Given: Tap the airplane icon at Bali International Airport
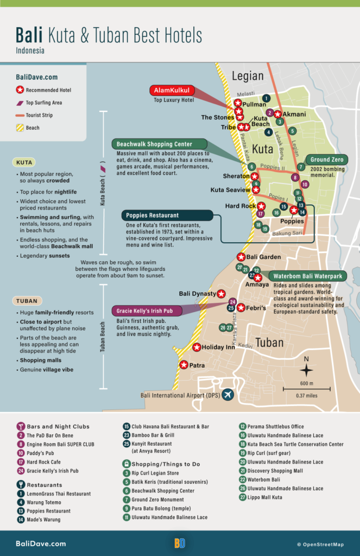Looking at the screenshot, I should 228,395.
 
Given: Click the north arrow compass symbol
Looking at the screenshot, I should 306,370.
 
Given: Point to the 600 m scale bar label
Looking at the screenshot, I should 306,384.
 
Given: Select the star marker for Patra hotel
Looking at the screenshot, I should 184,365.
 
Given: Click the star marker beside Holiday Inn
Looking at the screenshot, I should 197,347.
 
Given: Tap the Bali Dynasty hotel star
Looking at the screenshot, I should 221,294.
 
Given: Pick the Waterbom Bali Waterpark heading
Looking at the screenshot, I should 307,276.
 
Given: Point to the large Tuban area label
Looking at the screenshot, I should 270,343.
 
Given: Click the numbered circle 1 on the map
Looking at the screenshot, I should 266,98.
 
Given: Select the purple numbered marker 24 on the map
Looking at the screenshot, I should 232,302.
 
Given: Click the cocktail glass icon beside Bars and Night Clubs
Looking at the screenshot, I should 21,426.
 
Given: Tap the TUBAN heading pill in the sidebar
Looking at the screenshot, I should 28,301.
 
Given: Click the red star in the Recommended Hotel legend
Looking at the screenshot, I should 20,90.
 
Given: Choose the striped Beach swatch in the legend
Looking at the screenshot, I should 20,128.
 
